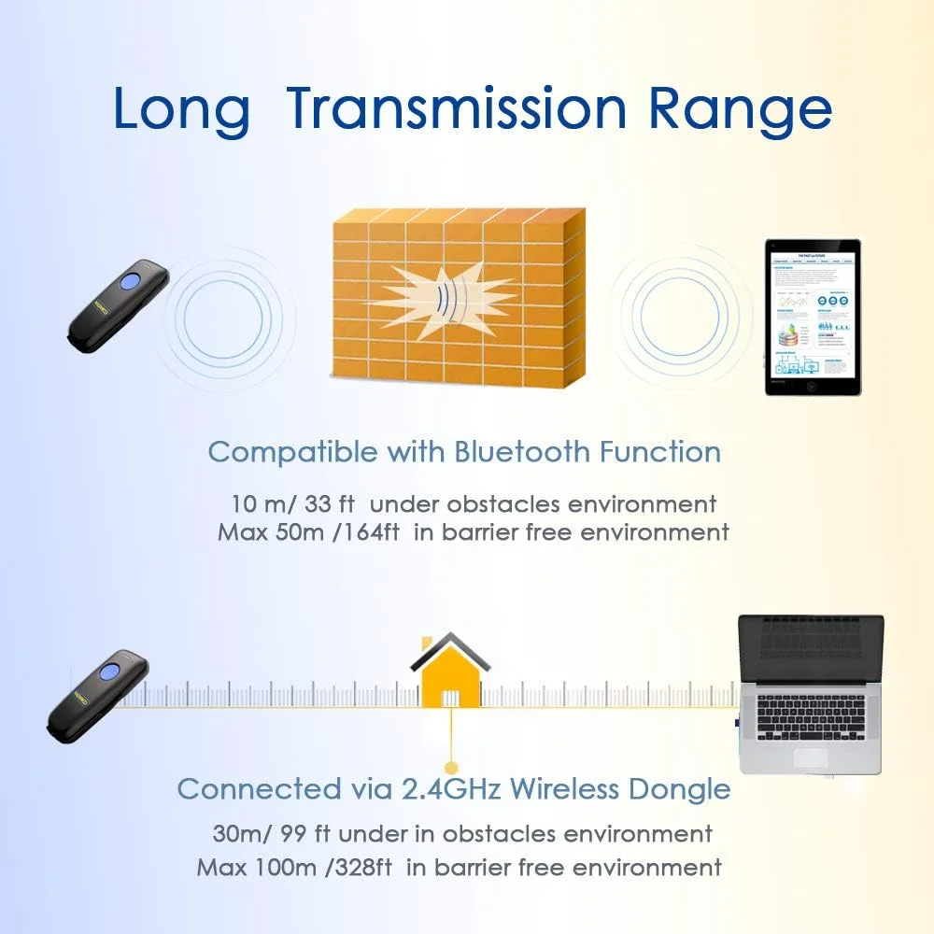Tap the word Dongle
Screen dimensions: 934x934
click(680, 789)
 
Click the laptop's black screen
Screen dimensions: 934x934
click(811, 649)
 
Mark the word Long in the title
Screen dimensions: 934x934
click(181, 109)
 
